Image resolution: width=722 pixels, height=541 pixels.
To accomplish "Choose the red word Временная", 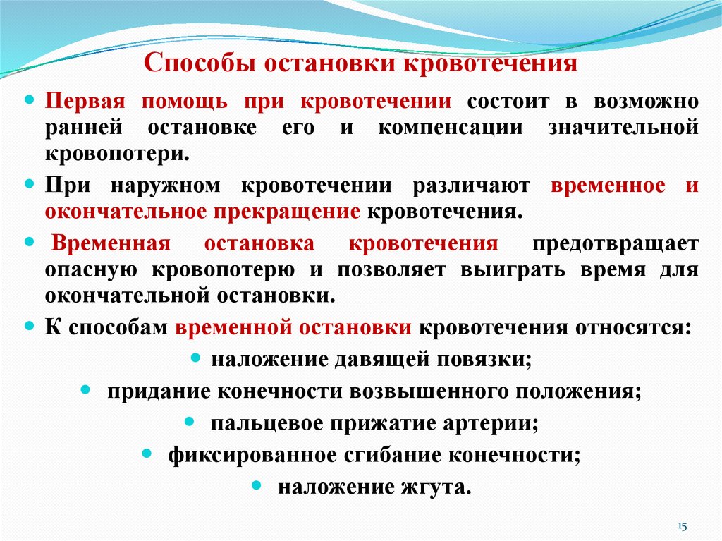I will coord(113,244).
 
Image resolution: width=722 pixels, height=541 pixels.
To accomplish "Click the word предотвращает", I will coord(616,244).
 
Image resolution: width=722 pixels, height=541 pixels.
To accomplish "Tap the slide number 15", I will coord(682,526).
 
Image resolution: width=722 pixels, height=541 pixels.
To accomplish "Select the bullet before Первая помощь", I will coord(29,100).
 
